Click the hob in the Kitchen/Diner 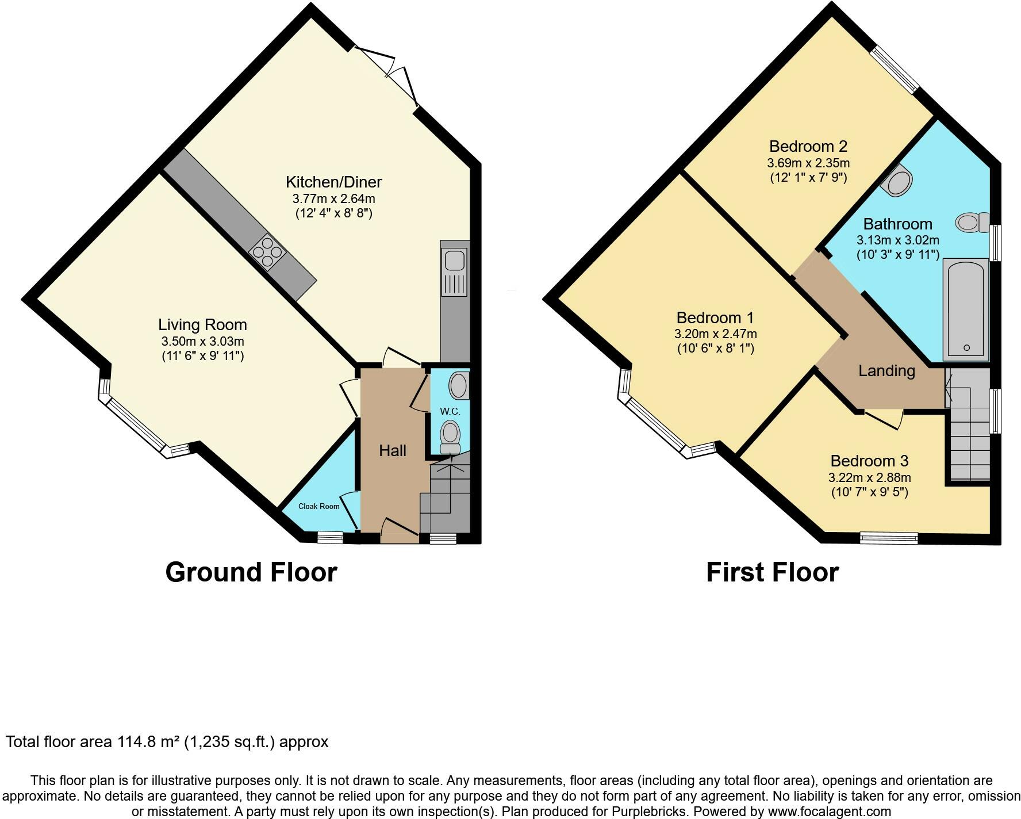click(268, 252)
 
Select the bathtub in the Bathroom click(966, 310)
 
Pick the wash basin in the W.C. click(459, 385)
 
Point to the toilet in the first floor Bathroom click(972, 222)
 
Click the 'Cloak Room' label click(318, 506)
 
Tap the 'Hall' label click(393, 450)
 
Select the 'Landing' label click(886, 371)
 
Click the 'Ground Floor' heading click(251, 572)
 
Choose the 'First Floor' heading click(772, 572)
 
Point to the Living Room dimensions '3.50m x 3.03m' click(203, 341)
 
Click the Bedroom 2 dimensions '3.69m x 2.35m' click(808, 163)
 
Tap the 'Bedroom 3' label click(869, 461)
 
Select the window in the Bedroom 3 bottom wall click(889, 538)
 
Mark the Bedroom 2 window click(895, 70)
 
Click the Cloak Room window click(330, 537)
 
